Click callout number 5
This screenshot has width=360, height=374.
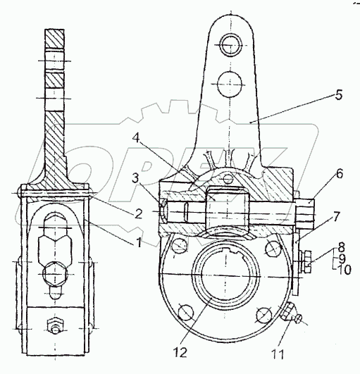coord(339,95)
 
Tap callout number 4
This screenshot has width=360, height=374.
coord(136,138)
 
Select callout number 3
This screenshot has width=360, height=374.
coord(135,177)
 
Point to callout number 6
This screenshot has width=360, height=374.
coord(339,174)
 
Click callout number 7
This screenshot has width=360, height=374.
coord(335,217)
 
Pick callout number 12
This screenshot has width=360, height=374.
coord(180,353)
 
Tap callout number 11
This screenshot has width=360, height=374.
coord(278,354)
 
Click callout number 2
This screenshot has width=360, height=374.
coord(138,213)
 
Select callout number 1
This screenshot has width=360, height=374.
coord(138,243)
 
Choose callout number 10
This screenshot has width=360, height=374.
coord(345,270)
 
